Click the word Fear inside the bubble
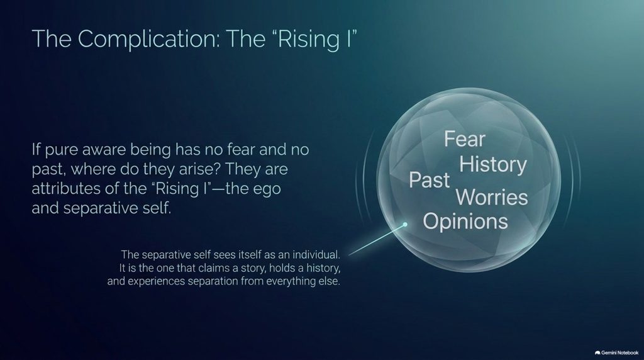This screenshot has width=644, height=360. coord(465,139)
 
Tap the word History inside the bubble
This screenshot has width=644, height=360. coord(493,164)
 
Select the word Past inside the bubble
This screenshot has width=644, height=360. coord(429,180)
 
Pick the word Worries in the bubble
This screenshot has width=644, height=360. coord(492,197)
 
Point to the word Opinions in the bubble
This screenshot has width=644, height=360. coord(465,222)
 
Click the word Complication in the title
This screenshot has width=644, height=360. coord(148,39)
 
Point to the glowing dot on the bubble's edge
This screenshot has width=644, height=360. coord(405,225)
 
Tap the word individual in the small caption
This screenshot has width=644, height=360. coord(316,254)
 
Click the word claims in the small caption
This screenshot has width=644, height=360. coord(213,268)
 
